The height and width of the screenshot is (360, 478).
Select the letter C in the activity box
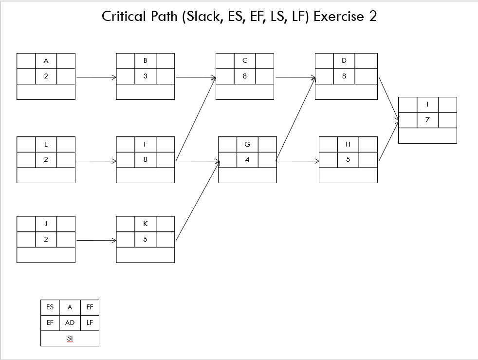tap(245, 60)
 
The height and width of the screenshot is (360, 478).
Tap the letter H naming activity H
tap(348, 144)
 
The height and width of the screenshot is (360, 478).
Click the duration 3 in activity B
tap(145, 76)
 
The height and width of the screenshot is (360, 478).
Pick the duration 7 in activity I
tap(427, 120)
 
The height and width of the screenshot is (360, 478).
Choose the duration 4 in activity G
tap(247, 160)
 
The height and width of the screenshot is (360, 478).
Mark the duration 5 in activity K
tap(145, 240)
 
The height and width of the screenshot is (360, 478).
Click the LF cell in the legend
tap(90, 322)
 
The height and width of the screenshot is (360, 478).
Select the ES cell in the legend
tap(50, 307)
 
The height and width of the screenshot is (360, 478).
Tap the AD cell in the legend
tap(70, 322)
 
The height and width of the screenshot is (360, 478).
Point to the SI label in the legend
tap(70, 338)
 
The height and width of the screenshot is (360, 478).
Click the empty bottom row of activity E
tap(46, 175)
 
